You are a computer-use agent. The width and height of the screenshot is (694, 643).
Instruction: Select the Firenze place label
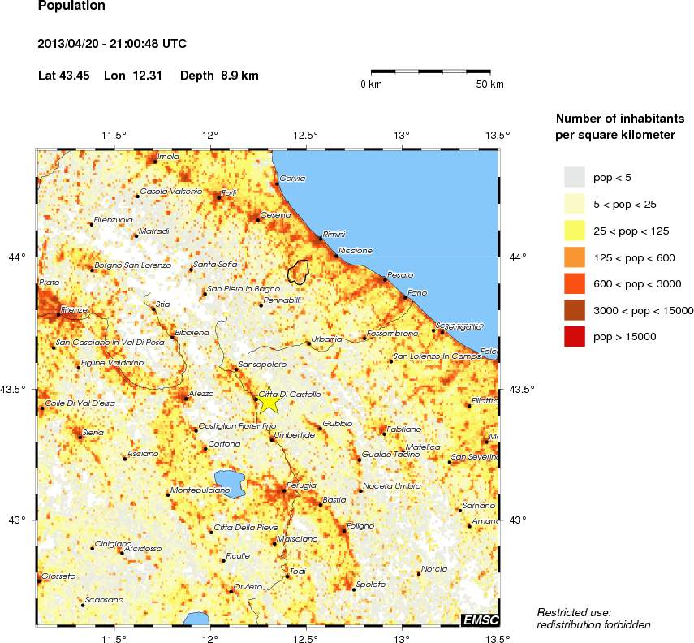[74, 310]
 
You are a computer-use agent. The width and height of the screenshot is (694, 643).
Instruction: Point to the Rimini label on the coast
[334, 234]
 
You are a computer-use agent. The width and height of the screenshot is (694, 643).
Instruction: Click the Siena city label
[93, 433]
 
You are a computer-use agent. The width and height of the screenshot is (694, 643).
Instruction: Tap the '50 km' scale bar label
[489, 84]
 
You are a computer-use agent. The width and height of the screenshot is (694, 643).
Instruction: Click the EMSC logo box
[479, 620]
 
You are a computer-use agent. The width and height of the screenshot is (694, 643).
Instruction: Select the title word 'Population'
[71, 6]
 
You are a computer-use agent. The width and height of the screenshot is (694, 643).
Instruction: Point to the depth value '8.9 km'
[239, 76]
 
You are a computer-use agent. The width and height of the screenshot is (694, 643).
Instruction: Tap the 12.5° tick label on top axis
[305, 135]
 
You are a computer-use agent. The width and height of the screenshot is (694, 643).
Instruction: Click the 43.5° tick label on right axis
[518, 390]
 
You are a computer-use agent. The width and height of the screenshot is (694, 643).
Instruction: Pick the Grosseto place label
[57, 576]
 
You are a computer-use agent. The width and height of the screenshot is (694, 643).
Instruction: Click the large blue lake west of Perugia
[231, 482]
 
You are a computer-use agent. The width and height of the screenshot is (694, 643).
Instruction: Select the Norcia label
[434, 569]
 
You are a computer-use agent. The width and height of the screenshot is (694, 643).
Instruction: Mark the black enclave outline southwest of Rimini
[299, 270]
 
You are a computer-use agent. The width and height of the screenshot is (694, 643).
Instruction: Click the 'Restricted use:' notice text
[574, 611]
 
